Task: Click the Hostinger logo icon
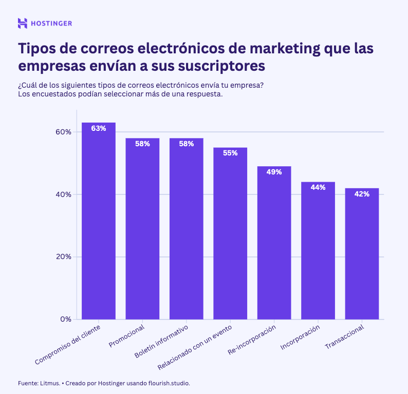tap(22, 23)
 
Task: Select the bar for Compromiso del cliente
tap(99, 226)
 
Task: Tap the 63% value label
tap(99, 128)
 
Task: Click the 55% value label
tap(230, 153)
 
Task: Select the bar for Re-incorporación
tap(274, 246)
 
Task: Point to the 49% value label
tap(274, 172)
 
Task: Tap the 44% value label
tap(318, 187)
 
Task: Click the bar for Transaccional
tap(362, 257)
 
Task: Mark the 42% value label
tap(362, 194)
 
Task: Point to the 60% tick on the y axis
tap(63, 132)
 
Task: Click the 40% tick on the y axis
tap(63, 194)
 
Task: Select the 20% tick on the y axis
tap(63, 257)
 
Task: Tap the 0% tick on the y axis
tap(65, 319)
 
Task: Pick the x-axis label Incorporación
tap(301, 338)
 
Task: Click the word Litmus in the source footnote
tap(48, 383)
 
